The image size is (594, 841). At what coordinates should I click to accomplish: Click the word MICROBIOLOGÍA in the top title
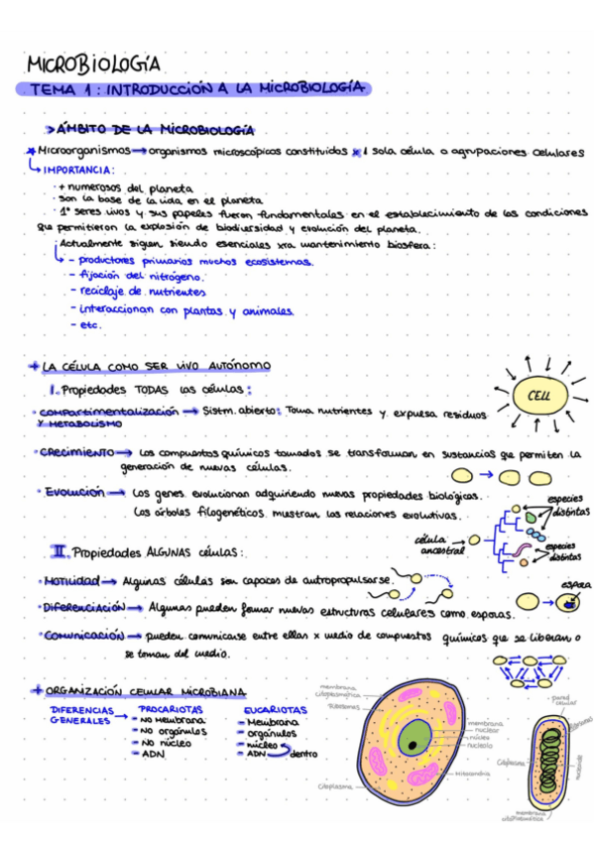[x=93, y=64]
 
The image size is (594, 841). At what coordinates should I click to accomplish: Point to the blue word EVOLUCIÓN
[x=71, y=491]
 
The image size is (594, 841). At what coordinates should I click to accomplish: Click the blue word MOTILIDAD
[x=68, y=580]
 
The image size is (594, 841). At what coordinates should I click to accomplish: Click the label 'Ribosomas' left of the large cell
[x=343, y=707]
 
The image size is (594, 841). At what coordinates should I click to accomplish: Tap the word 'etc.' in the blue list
[x=90, y=324]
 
